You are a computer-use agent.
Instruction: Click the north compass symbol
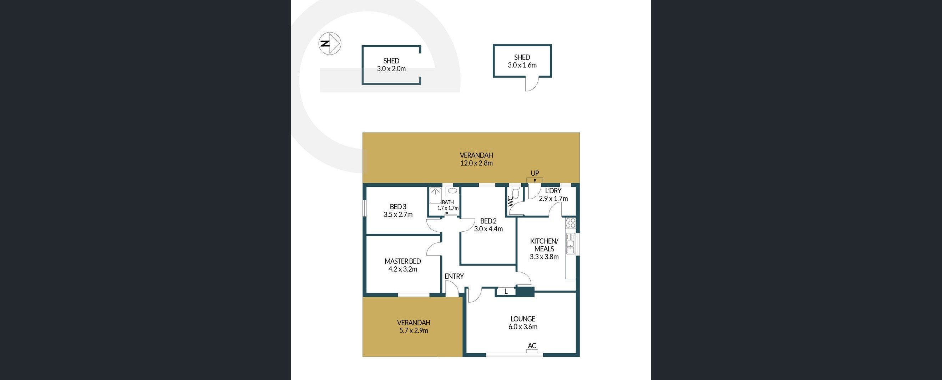pos(330,43)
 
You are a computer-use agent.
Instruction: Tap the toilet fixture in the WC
pos(516,192)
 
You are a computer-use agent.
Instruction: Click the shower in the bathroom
pos(435,195)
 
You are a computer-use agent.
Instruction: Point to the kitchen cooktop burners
pos(571,223)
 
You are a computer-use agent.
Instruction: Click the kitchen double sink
pos(570,243)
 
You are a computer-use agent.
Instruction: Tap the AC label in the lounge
pos(532,346)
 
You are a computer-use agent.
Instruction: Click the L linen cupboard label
pos(506,292)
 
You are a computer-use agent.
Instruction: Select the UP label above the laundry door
pos(535,173)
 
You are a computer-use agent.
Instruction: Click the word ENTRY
pos(454,276)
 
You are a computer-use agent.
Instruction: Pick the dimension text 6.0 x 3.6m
pos(523,327)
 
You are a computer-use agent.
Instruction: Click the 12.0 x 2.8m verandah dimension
pos(476,163)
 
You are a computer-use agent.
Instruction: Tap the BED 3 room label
pos(398,207)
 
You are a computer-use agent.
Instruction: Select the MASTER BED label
pos(402,261)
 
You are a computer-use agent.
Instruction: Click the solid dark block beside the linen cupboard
pos(525,292)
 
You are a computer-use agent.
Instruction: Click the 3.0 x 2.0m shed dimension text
pos(391,69)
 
